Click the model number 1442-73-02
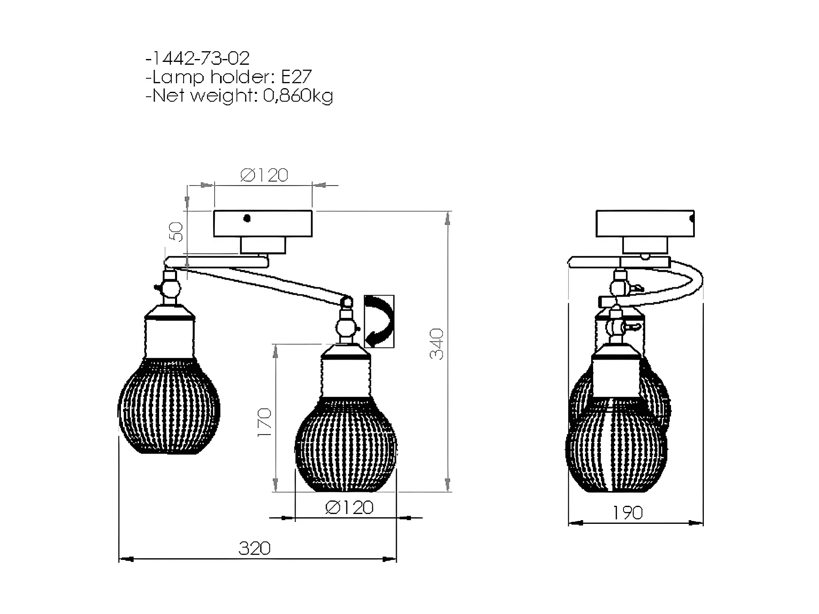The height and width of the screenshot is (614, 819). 200,58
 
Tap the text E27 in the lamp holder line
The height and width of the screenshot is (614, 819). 296,77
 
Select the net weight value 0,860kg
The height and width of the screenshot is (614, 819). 298,96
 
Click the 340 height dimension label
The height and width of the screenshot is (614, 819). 437,344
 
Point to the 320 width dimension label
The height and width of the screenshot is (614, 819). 255,548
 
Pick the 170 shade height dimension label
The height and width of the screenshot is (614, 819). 265,422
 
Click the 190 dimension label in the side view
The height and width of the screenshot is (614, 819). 628,513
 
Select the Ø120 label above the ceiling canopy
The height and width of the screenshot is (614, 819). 264,175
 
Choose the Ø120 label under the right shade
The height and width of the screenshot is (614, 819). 350,507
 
